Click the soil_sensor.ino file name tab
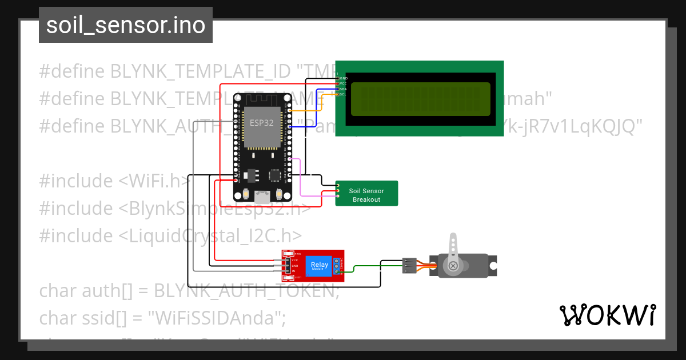[x=126, y=25]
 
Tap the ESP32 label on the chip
[x=261, y=122]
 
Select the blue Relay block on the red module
[x=319, y=265]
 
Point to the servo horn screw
[x=453, y=266]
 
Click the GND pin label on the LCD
[x=344, y=78]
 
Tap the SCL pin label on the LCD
[x=343, y=94]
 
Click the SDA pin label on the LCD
[x=343, y=89]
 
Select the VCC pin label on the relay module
[x=295, y=260]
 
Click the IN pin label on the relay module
[x=294, y=271]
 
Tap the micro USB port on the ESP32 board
[x=262, y=197]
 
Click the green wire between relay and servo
[x=366, y=266]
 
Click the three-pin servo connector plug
[x=409, y=265]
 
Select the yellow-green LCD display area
[x=420, y=98]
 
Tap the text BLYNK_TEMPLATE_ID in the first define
[x=200, y=71]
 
